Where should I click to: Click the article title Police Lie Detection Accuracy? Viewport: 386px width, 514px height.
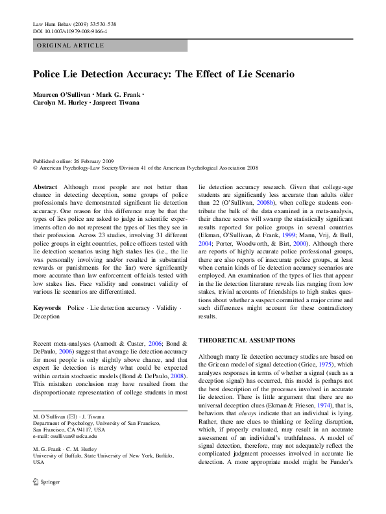(163, 75)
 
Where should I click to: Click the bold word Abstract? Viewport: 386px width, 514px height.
(45, 187)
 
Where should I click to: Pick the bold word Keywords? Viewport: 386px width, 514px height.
(47, 305)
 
